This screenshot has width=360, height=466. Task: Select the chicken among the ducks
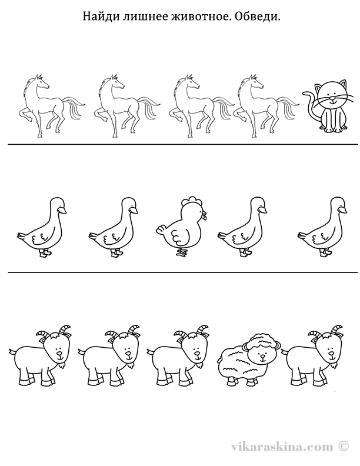[181, 226]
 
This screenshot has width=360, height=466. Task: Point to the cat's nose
[333, 98]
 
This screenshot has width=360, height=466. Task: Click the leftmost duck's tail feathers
[22, 236]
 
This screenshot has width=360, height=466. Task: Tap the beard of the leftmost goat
[62, 365]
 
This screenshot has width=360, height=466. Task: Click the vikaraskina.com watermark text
[282, 446]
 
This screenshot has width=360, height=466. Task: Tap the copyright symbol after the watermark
[343, 445]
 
